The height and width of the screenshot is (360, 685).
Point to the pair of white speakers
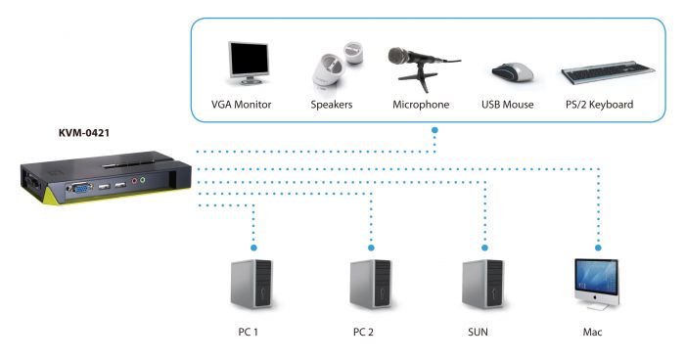point(336,69)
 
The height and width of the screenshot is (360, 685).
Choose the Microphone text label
point(421,105)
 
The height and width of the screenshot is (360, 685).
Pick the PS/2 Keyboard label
point(598,105)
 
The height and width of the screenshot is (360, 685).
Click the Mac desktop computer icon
point(596,284)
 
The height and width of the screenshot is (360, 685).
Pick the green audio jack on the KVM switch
point(143,179)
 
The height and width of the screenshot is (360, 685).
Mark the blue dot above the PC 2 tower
point(370,247)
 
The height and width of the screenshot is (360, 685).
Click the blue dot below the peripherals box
point(434,129)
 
